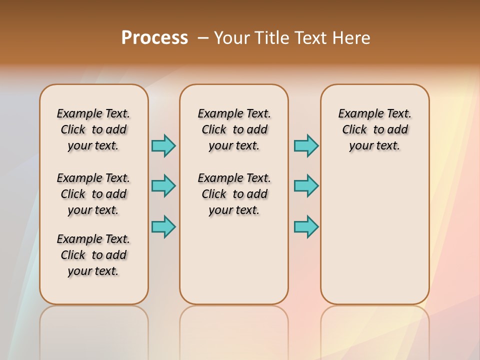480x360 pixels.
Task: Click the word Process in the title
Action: pyautogui.click(x=154, y=38)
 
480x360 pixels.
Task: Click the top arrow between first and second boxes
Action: pyautogui.click(x=163, y=145)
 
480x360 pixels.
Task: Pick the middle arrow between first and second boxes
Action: pyautogui.click(x=163, y=186)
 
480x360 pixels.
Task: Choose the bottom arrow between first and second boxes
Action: pyautogui.click(x=163, y=226)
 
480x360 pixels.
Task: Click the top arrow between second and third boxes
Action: pyautogui.click(x=306, y=145)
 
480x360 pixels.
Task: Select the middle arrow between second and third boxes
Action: pyautogui.click(x=306, y=186)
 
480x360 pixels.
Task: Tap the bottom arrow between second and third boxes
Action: pyautogui.click(x=306, y=226)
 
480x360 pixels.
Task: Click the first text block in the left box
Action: pyautogui.click(x=93, y=129)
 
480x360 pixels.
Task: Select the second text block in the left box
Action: pyautogui.click(x=93, y=194)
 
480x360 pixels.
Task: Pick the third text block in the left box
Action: pyautogui.click(x=93, y=255)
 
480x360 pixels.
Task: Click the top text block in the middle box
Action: pyautogui.click(x=234, y=129)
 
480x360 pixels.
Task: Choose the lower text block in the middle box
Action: pyautogui.click(x=234, y=194)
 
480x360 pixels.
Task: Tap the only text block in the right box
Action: pyautogui.click(x=374, y=129)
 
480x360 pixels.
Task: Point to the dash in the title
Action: pyautogui.click(x=203, y=38)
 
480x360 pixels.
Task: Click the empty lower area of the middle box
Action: pyautogui.click(x=234, y=260)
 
